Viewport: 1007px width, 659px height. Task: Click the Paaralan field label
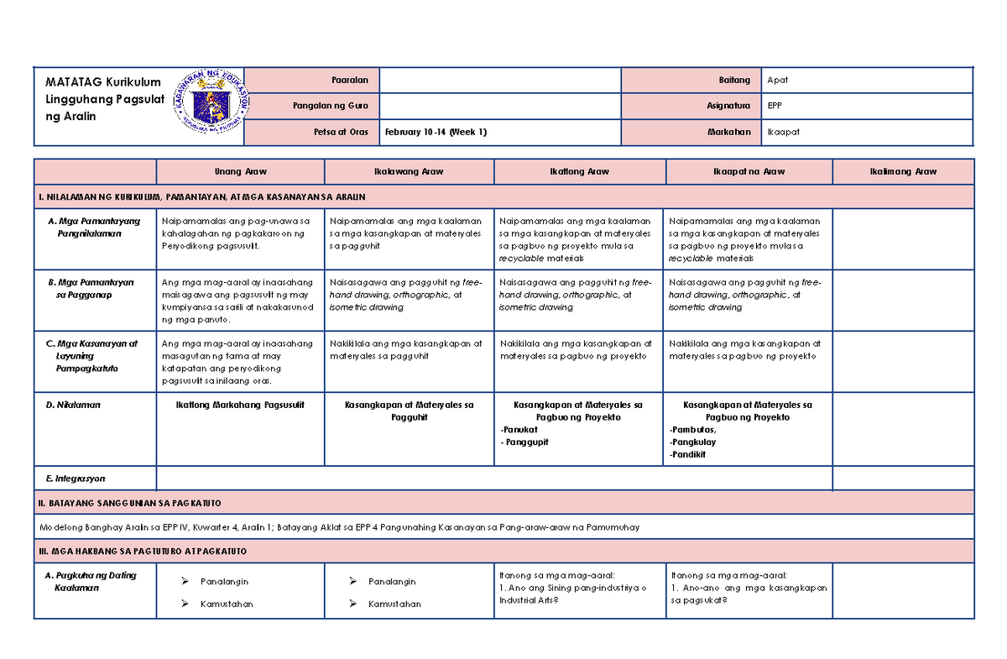(350, 81)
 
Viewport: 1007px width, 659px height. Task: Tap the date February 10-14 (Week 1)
(436, 133)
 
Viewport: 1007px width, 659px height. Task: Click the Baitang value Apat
(778, 81)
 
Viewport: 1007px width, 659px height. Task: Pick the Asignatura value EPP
(775, 107)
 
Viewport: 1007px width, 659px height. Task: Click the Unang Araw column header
(240, 171)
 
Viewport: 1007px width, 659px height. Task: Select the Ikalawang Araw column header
(410, 171)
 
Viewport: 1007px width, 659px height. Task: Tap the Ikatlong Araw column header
(579, 171)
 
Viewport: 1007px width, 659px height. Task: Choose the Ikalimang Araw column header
(903, 171)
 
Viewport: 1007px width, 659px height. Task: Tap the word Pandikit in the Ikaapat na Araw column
(688, 454)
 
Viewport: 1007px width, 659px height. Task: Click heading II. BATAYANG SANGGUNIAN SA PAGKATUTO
(130, 503)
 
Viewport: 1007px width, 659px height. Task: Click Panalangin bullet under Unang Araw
(224, 582)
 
